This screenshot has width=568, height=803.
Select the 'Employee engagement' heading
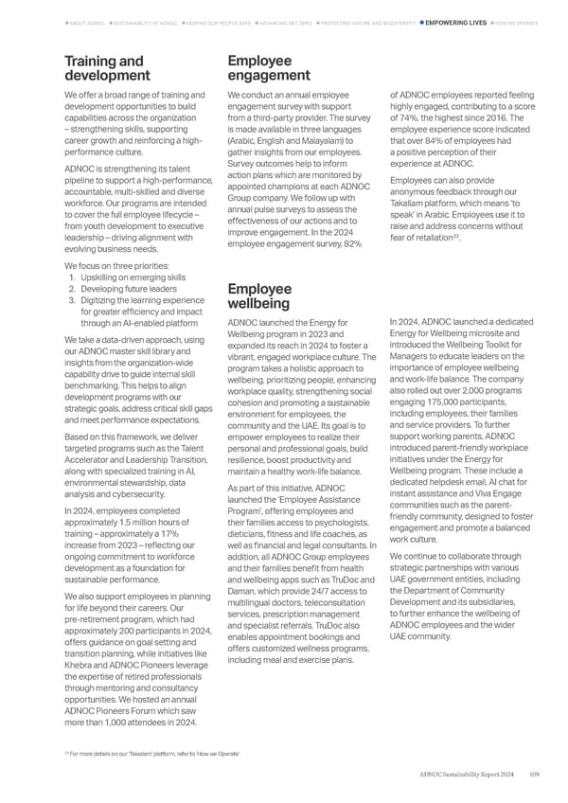pyautogui.click(x=269, y=68)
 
